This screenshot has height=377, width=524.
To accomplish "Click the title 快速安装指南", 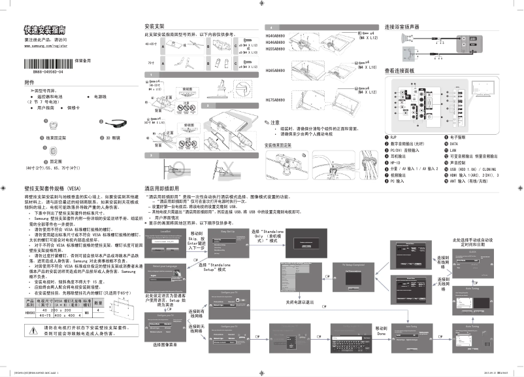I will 44,29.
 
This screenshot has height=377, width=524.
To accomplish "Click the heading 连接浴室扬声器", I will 402,27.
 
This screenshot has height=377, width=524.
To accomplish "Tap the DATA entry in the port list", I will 455,144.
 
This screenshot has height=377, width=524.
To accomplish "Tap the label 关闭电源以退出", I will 299,302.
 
